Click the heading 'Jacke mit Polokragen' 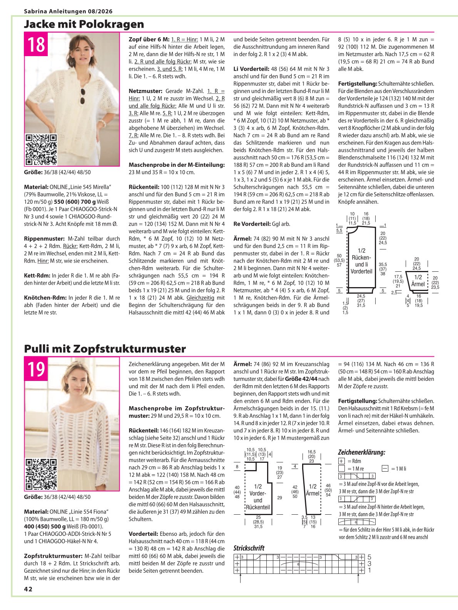click(84, 24)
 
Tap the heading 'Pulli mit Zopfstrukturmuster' click(105, 349)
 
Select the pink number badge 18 click(36, 44)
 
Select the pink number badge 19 click(36, 369)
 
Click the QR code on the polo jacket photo click(41, 150)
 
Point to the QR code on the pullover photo click(41, 474)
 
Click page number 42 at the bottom click(28, 589)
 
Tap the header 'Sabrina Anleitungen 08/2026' click(68, 12)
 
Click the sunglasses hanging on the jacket click(83, 96)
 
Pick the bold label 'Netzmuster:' click(145, 91)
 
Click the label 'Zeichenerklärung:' click(361, 452)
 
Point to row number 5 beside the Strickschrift click(369, 557)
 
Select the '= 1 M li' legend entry click(394, 469)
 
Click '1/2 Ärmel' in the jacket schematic click(418, 281)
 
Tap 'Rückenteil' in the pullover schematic click(258, 507)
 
